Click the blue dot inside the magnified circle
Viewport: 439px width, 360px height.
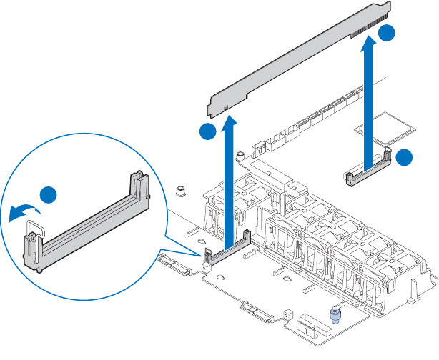tap(49, 195)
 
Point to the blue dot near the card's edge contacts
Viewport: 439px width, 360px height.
tap(386, 34)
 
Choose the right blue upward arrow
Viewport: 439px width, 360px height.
tap(369, 100)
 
